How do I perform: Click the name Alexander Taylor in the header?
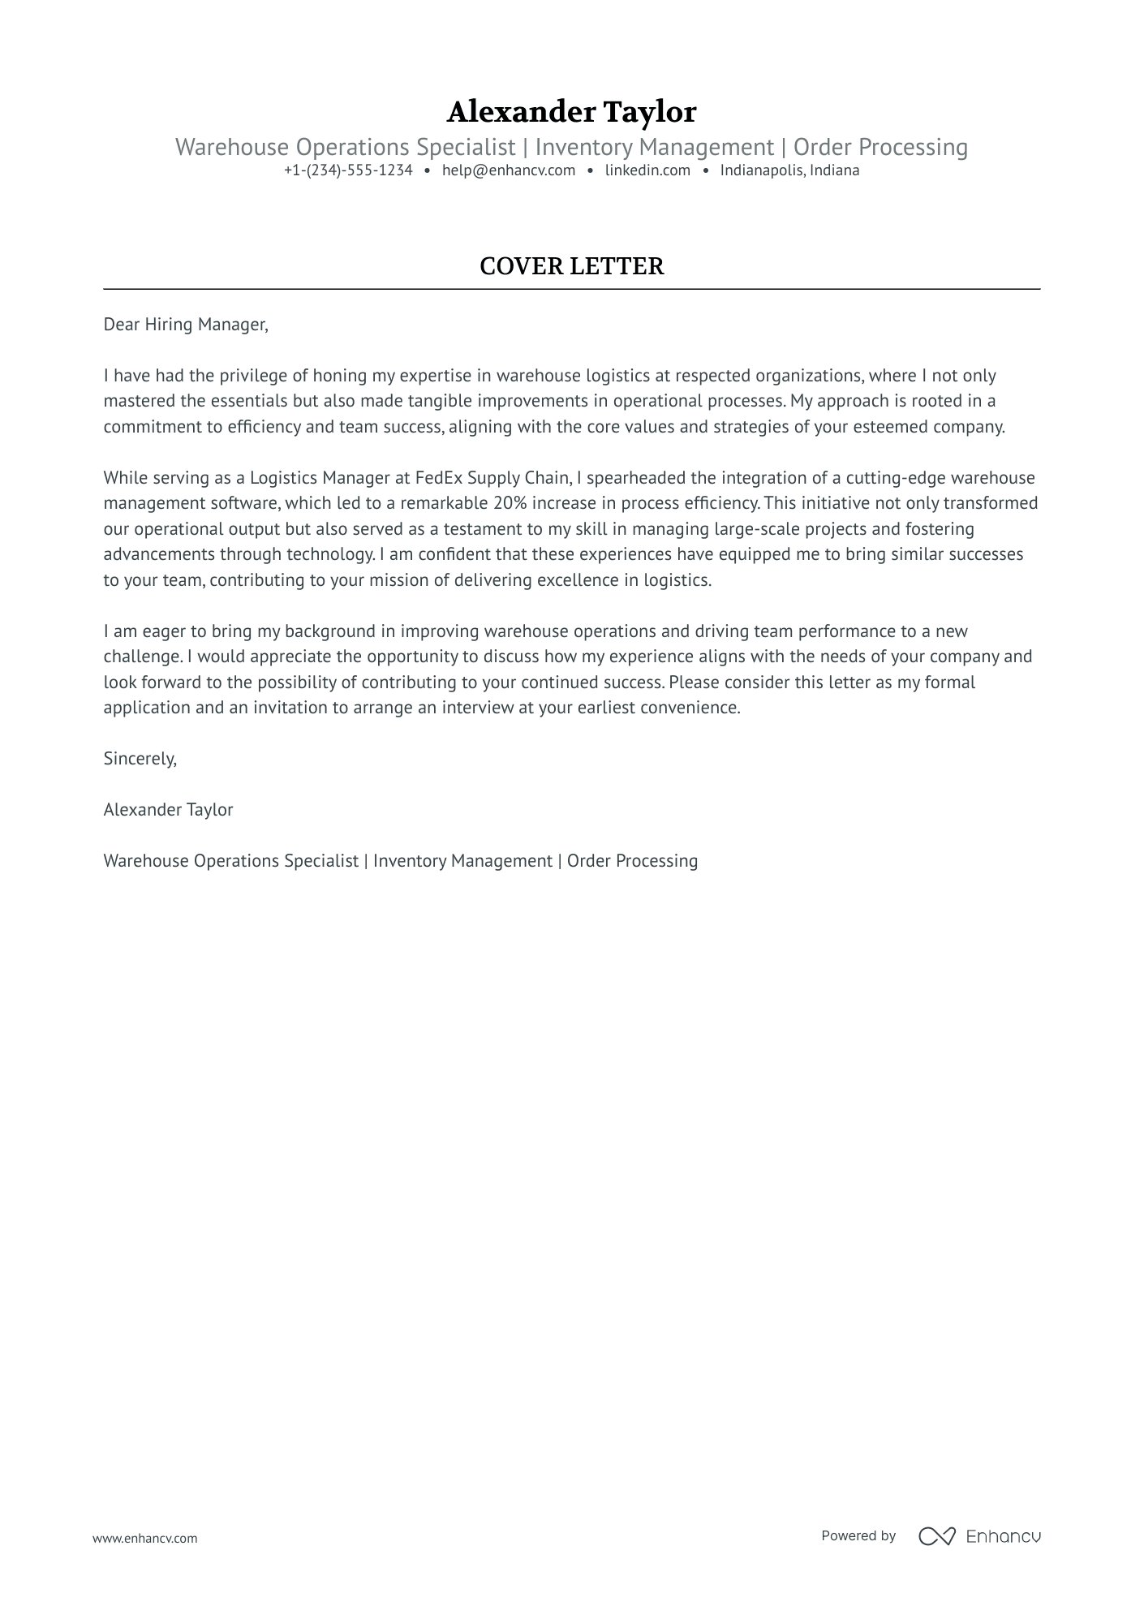(571, 112)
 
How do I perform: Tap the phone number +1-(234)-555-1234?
(348, 170)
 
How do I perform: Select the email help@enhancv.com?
(509, 170)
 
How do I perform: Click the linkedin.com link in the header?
(647, 170)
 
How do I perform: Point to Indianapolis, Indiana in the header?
(789, 170)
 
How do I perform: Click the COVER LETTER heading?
(571, 266)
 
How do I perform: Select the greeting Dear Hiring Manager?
(186, 325)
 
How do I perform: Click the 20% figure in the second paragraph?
(510, 503)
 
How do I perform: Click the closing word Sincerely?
(140, 759)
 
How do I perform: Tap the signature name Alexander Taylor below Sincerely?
(168, 810)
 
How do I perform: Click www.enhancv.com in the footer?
(144, 1538)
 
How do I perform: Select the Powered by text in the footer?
(858, 1535)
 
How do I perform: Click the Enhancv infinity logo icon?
(936, 1535)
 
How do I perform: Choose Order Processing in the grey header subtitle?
(880, 147)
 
